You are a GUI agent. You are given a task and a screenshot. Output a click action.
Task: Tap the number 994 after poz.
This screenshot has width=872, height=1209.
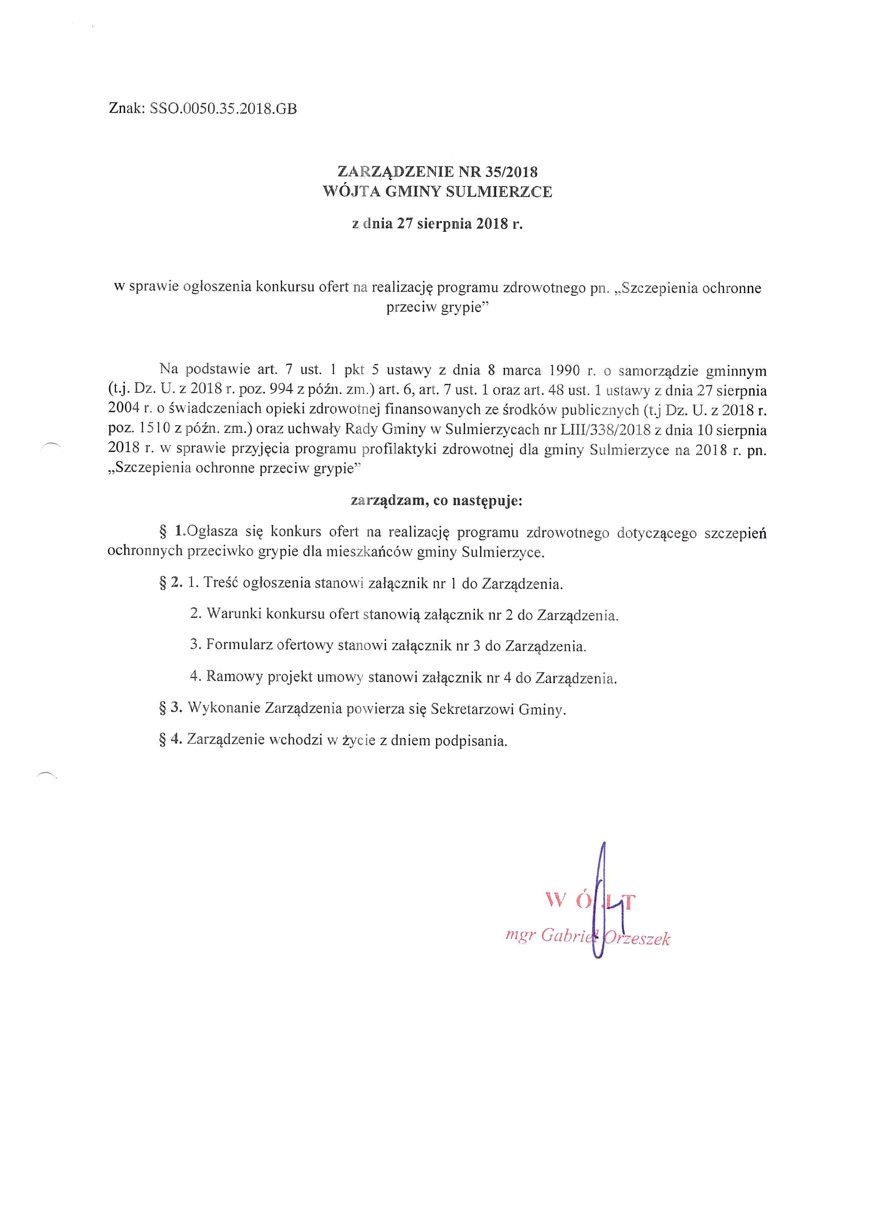tap(282, 390)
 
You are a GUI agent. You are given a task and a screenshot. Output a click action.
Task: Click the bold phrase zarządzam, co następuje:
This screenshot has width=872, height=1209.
tap(437, 501)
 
